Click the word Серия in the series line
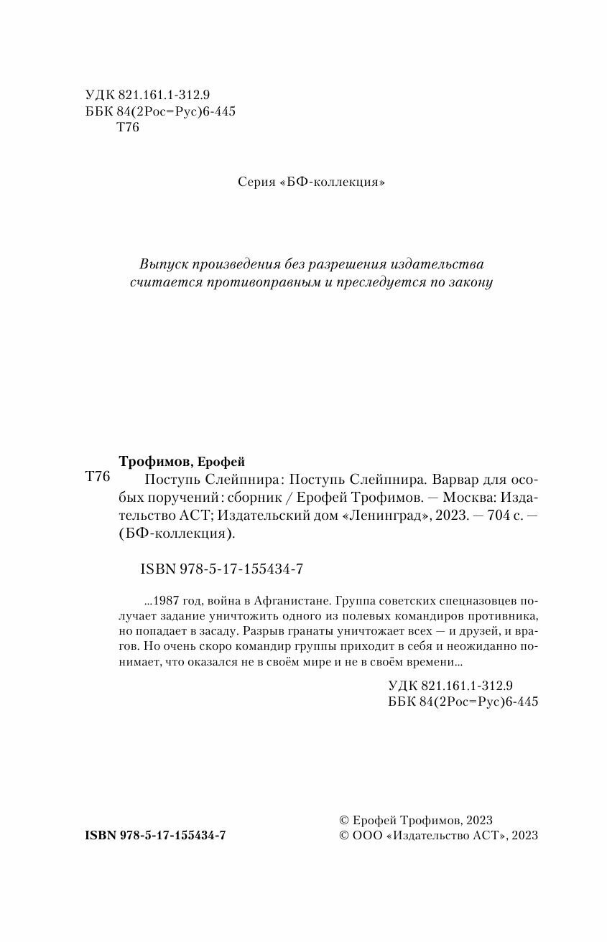[255, 183]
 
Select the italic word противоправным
[271, 282]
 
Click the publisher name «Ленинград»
[361, 516]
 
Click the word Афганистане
[287, 601]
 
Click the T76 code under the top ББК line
[126, 129]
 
